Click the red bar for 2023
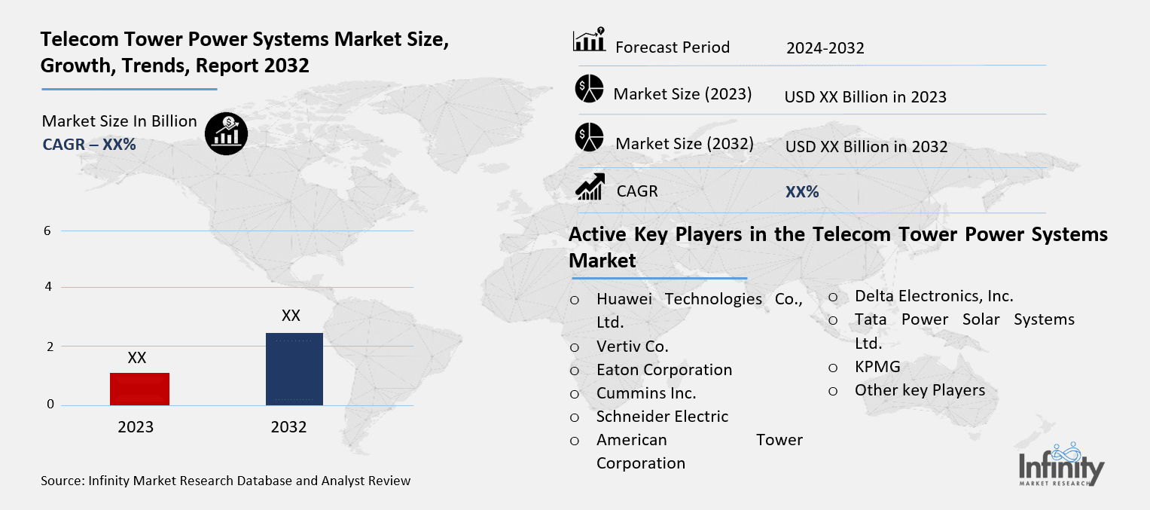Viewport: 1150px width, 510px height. (139, 389)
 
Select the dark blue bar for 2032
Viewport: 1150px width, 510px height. (294, 368)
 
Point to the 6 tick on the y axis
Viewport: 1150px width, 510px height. (47, 231)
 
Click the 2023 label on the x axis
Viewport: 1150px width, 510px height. (136, 427)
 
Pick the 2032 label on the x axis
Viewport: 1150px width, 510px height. (288, 427)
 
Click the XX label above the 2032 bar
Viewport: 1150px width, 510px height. (291, 315)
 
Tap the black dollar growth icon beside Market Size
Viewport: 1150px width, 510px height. (226, 134)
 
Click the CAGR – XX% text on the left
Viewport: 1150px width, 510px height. (89, 145)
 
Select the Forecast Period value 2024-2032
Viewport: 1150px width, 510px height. (825, 48)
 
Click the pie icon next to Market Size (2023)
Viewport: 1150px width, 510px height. (590, 89)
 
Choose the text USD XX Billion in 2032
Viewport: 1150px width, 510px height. (866, 147)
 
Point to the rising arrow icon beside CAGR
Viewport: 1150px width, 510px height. (590, 187)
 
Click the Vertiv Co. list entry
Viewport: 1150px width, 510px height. (632, 347)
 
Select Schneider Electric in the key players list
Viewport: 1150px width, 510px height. (662, 417)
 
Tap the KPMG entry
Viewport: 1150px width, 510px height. (877, 367)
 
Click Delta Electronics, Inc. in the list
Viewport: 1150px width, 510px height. (933, 296)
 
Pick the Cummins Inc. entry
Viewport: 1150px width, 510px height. (645, 393)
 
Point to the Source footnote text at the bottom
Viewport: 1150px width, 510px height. (226, 481)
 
